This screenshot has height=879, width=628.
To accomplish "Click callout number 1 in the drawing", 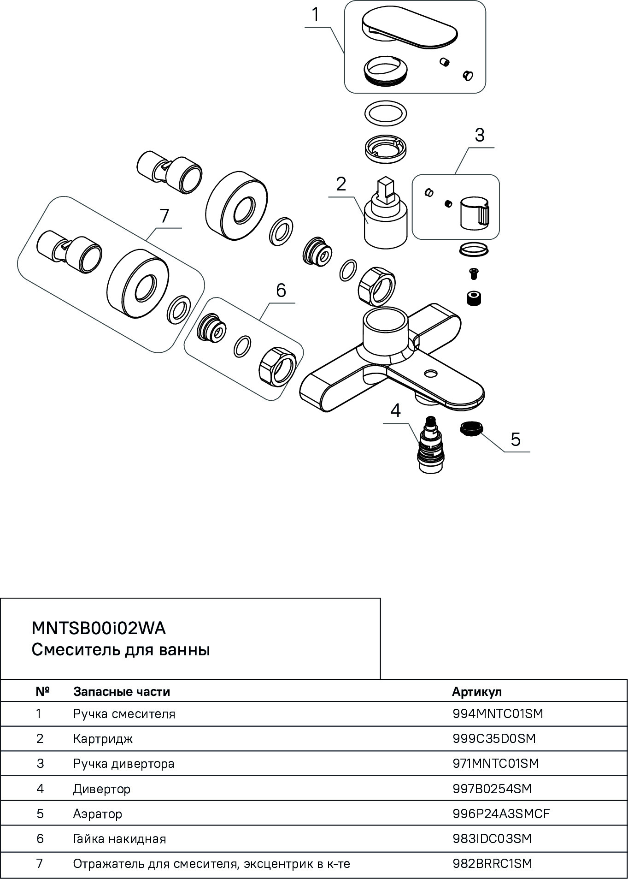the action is [316, 14].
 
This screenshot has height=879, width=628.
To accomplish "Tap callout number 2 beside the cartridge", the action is [341, 184].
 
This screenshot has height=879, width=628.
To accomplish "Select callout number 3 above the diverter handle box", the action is [480, 135].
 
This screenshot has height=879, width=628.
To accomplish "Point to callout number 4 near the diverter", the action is [396, 410].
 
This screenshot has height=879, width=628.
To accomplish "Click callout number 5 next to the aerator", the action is [516, 439].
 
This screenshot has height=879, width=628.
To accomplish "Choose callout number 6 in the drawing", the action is [281, 290].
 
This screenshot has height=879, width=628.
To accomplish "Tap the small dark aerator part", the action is [470, 428].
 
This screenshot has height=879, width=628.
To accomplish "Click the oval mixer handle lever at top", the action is [410, 29].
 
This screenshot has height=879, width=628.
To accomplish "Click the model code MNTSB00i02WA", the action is [99, 629].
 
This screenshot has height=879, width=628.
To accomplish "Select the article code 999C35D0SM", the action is [494, 738].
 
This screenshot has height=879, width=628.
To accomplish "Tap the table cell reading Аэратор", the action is [98, 814].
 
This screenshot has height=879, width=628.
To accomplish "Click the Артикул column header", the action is [477, 692].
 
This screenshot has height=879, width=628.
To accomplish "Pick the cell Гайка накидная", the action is [119, 838].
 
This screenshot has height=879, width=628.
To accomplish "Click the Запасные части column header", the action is [122, 692].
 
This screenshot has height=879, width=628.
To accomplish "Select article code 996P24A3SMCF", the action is [501, 814].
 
